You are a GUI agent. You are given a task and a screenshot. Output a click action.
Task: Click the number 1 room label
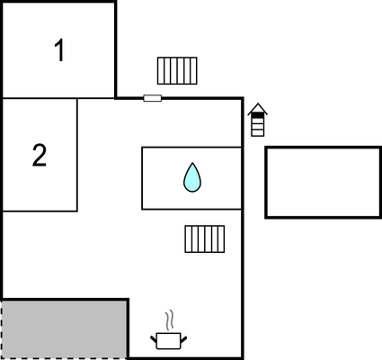click(x=59, y=51)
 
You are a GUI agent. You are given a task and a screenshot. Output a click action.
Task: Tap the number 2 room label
click(x=39, y=156)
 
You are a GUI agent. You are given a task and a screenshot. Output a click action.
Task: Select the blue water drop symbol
click(x=191, y=177)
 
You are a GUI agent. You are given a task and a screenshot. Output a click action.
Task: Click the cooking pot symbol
click(x=168, y=341)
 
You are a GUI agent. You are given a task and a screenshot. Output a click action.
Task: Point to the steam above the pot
click(x=169, y=320)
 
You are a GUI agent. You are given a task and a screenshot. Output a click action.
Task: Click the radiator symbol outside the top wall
click(x=177, y=70)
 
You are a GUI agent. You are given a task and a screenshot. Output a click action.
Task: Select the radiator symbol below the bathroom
click(x=205, y=238)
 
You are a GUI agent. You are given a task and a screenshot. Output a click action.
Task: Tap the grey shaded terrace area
click(x=64, y=329)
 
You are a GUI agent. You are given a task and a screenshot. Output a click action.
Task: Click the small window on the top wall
click(x=153, y=97)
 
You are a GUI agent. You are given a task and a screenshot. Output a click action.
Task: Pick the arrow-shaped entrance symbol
click(x=258, y=120)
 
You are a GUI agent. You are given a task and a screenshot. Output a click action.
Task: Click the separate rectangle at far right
click(x=323, y=182)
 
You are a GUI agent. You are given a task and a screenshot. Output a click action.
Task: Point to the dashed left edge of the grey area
click(x=1, y=329)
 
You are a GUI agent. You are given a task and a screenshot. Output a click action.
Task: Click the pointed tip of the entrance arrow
click(x=258, y=105)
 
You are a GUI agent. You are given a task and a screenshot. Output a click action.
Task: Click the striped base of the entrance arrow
click(x=258, y=129)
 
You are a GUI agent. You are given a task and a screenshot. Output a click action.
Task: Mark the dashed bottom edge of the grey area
click(x=64, y=358)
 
